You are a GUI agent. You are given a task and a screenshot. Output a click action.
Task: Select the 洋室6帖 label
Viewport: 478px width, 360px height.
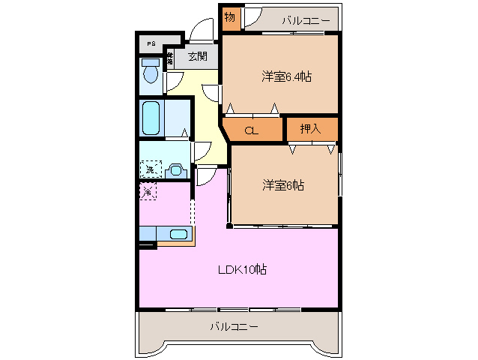282,184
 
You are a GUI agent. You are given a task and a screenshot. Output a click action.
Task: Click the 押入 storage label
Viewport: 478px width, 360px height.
310,129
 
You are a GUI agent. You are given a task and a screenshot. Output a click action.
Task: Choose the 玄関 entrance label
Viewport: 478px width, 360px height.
197,57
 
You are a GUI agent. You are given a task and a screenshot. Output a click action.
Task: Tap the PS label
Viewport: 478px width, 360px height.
151,43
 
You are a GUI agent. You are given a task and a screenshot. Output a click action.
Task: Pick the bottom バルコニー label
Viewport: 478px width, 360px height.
234,327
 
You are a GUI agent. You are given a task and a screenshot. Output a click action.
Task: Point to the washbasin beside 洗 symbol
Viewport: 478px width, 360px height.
177,170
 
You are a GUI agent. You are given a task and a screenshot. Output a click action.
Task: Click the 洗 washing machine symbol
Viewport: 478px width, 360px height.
151,169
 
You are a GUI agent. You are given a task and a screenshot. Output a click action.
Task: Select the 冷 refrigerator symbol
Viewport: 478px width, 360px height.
148,192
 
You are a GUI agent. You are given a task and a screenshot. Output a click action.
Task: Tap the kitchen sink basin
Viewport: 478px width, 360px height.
178,234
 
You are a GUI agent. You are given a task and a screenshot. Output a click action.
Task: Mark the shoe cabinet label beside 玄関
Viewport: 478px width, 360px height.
171,58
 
